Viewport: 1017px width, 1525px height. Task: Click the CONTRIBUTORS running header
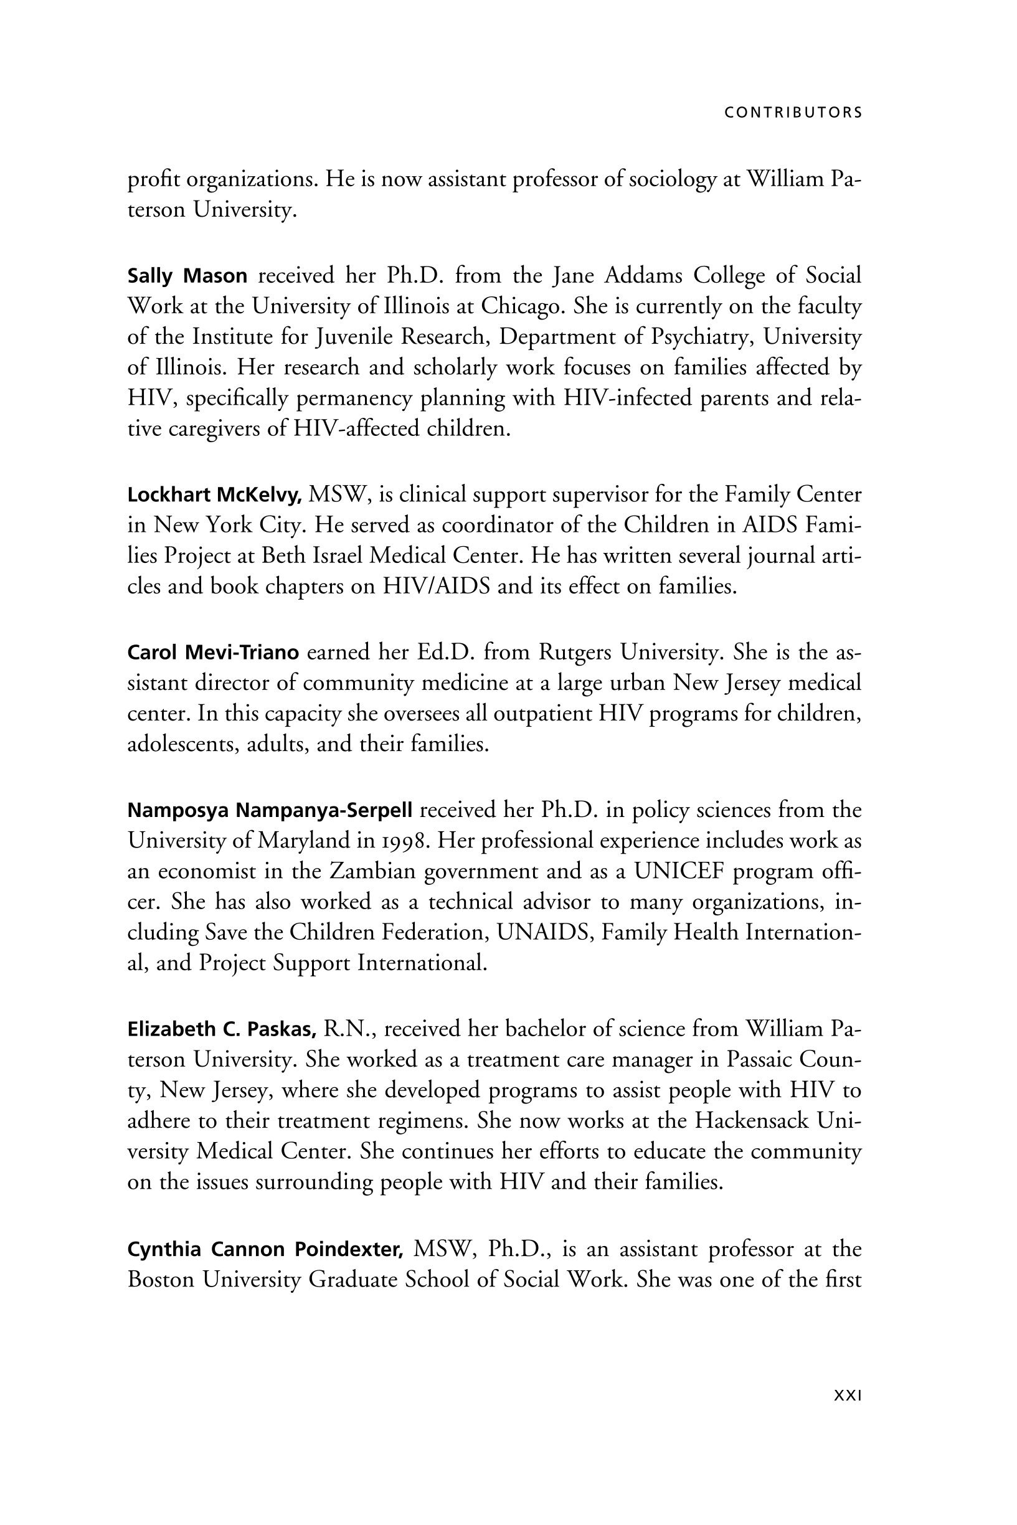tap(793, 113)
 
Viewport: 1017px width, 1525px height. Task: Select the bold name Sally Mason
tap(187, 276)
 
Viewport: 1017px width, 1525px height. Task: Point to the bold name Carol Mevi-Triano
tap(213, 652)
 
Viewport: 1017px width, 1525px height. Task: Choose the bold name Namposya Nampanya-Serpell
tap(270, 810)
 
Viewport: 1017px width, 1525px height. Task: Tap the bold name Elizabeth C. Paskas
tap(222, 1029)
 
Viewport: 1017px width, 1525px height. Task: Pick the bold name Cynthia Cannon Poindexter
tap(266, 1249)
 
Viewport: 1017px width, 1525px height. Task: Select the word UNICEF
tap(678, 871)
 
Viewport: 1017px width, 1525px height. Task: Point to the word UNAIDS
tap(545, 932)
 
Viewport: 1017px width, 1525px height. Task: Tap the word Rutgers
tap(575, 652)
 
